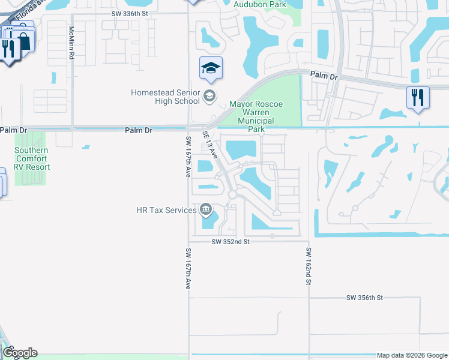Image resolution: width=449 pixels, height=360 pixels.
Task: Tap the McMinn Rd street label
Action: coord(71,43)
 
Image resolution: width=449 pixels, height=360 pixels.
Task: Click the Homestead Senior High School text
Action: coord(166,97)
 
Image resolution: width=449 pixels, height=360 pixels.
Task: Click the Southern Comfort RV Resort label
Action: coord(32,159)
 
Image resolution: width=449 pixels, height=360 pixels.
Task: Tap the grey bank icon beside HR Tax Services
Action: coord(206,209)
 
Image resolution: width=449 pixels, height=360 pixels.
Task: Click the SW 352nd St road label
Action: coord(231,241)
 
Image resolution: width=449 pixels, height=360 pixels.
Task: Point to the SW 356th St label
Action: coord(364,298)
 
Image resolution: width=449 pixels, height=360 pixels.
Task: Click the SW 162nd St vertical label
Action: coord(308,266)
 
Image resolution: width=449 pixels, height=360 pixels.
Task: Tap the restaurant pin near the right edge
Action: coord(417,98)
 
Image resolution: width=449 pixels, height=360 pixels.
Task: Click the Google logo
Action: coord(20,353)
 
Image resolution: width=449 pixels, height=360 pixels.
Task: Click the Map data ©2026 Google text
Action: coord(411,355)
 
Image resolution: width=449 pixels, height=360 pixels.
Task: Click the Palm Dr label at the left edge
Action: coord(14,130)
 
